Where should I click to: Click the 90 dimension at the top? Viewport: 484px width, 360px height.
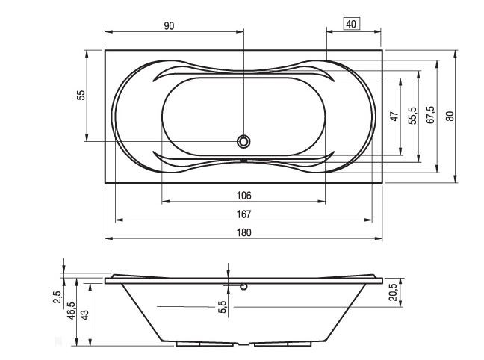[x=169, y=25]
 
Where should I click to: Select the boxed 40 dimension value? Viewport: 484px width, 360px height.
[x=351, y=23]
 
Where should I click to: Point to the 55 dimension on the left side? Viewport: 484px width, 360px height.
[x=81, y=95]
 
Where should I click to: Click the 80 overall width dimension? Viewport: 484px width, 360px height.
[x=449, y=116]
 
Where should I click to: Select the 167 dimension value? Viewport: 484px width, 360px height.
[x=244, y=214]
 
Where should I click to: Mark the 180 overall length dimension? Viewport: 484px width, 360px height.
[x=244, y=232]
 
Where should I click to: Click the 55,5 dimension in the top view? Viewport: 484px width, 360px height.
[x=412, y=116]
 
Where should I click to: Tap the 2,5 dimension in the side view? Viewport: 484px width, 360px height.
[x=56, y=297]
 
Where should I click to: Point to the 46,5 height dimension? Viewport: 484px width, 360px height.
[x=71, y=308]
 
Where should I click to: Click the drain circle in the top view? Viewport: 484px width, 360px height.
[x=243, y=140]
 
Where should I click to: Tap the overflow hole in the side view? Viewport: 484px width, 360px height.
[x=243, y=285]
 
